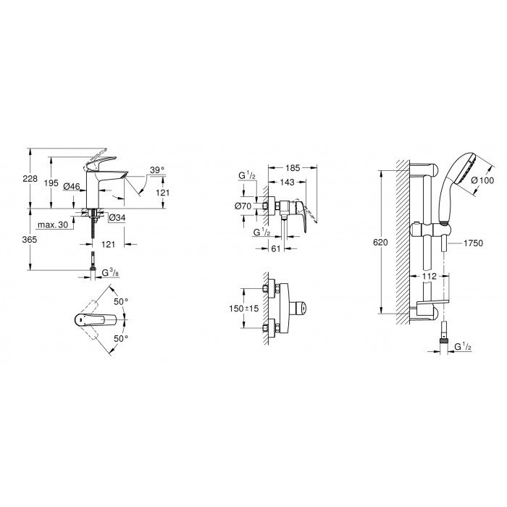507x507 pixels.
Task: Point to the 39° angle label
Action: (157, 171)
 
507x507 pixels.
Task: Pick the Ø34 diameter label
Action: (117, 217)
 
